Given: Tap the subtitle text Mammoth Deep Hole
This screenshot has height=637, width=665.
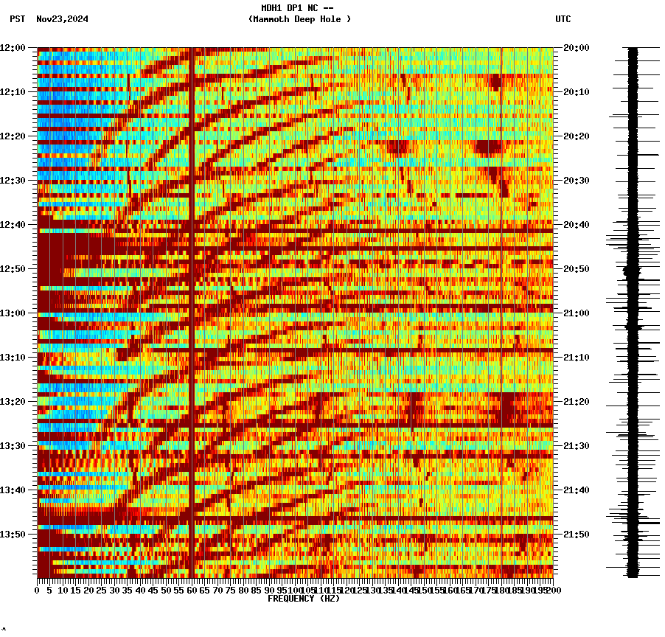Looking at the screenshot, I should pyautogui.click(x=299, y=19).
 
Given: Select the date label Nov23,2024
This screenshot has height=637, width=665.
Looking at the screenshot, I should pyautogui.click(x=62, y=19).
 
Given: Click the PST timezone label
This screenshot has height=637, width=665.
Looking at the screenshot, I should pyautogui.click(x=18, y=19).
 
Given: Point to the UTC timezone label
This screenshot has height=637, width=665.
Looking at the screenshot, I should pyautogui.click(x=563, y=19).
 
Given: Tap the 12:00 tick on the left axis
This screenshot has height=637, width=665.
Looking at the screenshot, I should pyautogui.click(x=13, y=47).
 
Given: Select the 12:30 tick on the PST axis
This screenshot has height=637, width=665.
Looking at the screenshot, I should pyautogui.click(x=13, y=180).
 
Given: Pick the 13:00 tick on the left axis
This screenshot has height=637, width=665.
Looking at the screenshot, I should pyautogui.click(x=13, y=313).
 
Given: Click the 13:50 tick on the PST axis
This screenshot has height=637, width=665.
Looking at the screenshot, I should pyautogui.click(x=13, y=534).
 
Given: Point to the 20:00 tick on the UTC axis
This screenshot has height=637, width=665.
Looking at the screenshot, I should pyautogui.click(x=576, y=47).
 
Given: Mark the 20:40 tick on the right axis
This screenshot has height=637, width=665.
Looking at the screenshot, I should pyautogui.click(x=576, y=224).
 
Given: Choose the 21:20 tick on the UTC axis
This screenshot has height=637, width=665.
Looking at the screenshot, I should pyautogui.click(x=576, y=401).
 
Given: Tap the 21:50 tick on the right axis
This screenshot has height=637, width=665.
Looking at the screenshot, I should pyautogui.click(x=576, y=534).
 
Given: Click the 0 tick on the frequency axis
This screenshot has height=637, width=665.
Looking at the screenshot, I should pyautogui.click(x=38, y=590).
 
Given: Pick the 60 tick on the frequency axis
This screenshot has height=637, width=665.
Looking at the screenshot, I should pyautogui.click(x=191, y=590).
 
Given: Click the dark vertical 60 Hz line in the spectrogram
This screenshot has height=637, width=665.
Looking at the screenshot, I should pyautogui.click(x=192, y=295).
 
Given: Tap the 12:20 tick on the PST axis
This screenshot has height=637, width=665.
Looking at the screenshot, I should pyautogui.click(x=13, y=136).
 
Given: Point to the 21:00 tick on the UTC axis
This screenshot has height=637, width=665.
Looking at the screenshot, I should pyautogui.click(x=576, y=313).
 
